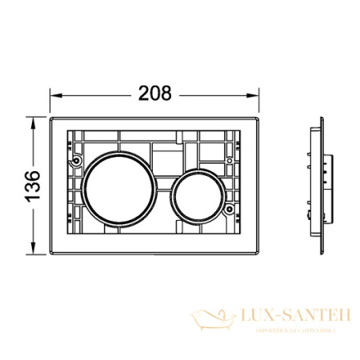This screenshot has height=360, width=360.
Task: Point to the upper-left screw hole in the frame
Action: pos(76,158)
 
